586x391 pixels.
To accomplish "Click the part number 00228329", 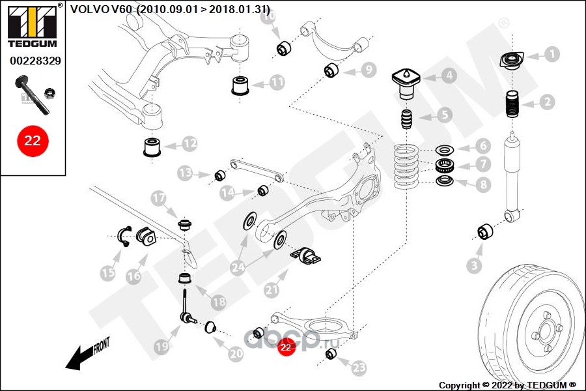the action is coord(35,61).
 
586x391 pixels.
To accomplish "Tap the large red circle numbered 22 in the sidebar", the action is coord(33,141).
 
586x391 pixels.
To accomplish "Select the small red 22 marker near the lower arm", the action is coord(286,347).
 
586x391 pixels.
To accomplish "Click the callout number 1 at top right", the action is coord(551,54).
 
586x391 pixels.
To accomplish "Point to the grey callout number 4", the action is coord(449,76).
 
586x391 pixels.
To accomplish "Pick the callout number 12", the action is coord(189,143).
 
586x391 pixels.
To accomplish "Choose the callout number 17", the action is coord(158,198).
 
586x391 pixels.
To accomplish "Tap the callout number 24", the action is coord(238,267).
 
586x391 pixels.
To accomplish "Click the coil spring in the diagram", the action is coord(406,167).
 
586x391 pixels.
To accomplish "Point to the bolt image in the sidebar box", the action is coord(32,95).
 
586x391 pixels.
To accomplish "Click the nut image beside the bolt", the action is coord(49,93).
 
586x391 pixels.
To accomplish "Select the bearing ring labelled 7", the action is coord(445,164).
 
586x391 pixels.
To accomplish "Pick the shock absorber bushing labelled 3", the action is coord(485,231).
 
